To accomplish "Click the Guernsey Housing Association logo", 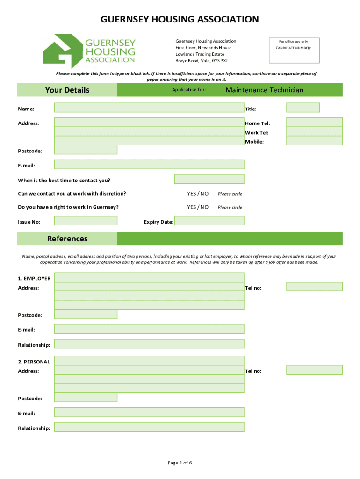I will point(89,49).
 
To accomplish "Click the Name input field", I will point(149,108).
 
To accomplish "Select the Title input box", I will point(302,108).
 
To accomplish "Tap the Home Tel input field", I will point(314,122).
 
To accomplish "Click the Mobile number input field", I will point(314,141).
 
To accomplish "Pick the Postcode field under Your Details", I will point(86,150).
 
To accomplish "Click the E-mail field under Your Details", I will point(149,164).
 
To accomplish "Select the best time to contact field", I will point(209,179).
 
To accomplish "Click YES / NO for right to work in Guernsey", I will point(198,207).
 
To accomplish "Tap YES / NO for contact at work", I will point(198,193).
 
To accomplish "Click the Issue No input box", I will point(86,220).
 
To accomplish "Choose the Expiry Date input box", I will point(209,220).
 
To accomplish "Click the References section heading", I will point(67,239).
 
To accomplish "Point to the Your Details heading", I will point(67,90).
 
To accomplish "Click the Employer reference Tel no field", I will point(314,286).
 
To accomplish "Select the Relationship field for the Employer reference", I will point(149,344).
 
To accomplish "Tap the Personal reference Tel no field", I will point(314,370).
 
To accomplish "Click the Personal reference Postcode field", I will point(86,398).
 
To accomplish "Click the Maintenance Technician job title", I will point(265,90).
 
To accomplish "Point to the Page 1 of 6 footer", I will point(180,463).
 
